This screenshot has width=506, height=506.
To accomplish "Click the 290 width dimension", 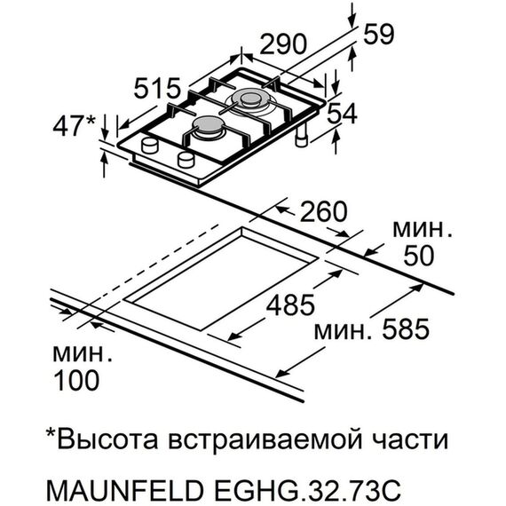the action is tap(282, 43).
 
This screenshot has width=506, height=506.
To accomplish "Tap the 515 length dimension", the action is tap(157, 88).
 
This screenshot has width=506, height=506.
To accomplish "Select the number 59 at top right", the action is tap(378, 35).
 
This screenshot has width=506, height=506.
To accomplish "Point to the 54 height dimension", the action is tap(342, 114).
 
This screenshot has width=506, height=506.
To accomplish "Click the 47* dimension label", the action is tap(75, 126).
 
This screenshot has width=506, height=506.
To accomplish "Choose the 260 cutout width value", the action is tap(324, 211).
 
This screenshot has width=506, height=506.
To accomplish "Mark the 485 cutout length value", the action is tap(290, 305).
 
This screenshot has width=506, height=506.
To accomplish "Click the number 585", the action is tap(406, 329).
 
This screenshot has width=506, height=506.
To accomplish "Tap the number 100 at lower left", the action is tap(77, 380).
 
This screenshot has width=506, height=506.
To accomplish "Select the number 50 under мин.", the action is tap(419, 256).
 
